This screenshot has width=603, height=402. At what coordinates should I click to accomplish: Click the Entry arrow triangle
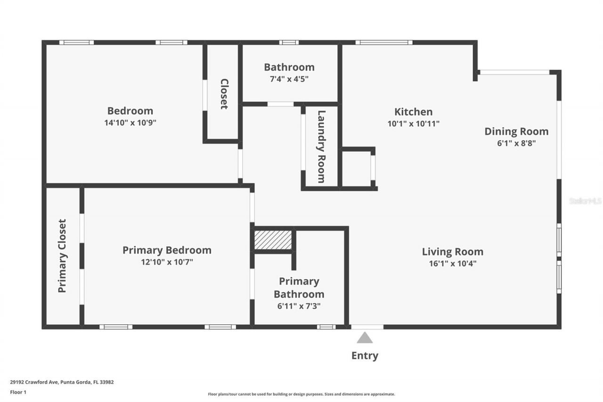[x=365, y=338]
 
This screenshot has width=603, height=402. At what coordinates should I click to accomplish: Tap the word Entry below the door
[x=365, y=355]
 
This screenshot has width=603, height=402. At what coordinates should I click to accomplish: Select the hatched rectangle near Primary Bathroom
[x=273, y=239]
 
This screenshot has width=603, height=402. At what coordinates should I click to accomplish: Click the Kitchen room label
[x=413, y=112]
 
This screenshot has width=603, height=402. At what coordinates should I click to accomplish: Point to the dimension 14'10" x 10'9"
[x=130, y=123]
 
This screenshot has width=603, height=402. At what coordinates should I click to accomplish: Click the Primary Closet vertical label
[x=62, y=255]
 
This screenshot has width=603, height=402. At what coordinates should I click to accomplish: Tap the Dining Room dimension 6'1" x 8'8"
[x=516, y=143]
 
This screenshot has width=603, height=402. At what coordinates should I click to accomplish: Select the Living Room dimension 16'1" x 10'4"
[x=452, y=263]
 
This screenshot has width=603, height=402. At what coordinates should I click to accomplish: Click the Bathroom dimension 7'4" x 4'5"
[x=289, y=79]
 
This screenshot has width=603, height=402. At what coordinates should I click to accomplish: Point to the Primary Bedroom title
[x=167, y=250]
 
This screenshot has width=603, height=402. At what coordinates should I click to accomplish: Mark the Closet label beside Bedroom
[x=224, y=94]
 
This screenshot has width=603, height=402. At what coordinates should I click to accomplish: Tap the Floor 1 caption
[x=18, y=392]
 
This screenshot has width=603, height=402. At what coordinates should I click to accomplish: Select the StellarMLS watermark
[x=585, y=201]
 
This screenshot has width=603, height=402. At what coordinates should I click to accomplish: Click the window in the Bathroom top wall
[x=289, y=42]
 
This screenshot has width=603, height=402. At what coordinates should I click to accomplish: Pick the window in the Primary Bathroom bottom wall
[x=326, y=327]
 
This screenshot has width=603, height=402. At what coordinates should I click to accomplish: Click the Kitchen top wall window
[x=384, y=42]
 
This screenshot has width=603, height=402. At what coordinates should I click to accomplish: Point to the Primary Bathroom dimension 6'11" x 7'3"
[x=299, y=306]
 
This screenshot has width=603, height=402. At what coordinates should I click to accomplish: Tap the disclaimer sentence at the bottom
[x=301, y=394]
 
